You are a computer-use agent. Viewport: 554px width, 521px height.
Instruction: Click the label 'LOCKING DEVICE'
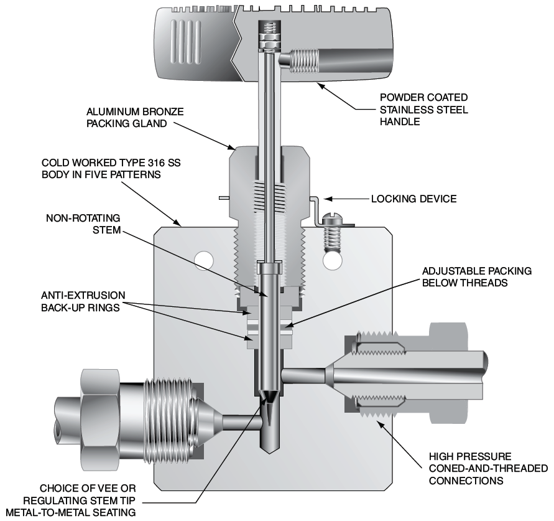pos(413,199)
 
